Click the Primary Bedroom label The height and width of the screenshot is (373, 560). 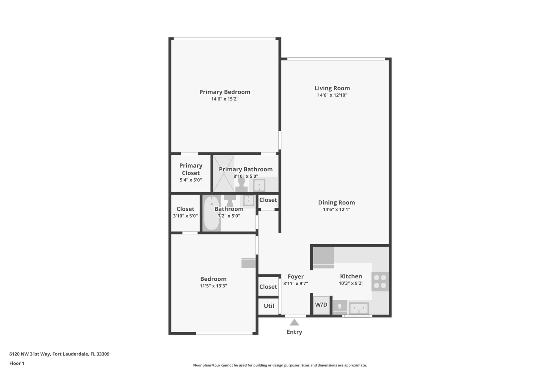pos(225,92)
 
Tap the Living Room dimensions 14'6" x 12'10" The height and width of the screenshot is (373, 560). pos(332,95)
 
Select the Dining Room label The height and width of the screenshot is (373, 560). pos(336,202)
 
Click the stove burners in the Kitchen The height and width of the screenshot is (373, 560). pos(380,281)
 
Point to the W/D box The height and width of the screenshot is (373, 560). pos(321,305)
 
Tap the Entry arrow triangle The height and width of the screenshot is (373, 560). pos(294,322)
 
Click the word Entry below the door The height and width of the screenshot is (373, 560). pos(294,332)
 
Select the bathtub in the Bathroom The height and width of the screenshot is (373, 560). pos(212,213)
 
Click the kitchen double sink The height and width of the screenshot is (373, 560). pos(359,309)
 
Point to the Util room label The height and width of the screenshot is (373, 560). pos(269,306)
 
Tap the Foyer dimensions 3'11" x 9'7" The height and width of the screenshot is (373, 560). pos(296,283)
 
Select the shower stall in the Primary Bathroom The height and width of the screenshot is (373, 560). pos(224,174)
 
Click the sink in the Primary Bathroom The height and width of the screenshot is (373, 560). pos(259,186)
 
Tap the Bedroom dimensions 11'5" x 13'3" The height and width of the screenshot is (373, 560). pos(213,286)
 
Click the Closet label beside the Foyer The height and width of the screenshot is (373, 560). pos(268,287)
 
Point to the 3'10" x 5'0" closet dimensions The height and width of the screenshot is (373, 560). pos(185,216)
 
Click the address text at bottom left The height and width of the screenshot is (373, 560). pos(59,354)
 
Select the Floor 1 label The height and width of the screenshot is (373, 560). pos(17,363)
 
